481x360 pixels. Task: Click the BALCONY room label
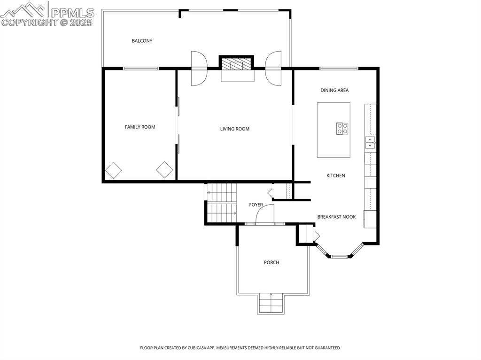(x=142, y=41)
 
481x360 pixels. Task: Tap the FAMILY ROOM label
(x=140, y=127)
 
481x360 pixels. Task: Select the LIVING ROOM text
(x=235, y=129)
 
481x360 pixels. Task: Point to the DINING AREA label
(x=334, y=90)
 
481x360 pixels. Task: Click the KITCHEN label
(x=336, y=176)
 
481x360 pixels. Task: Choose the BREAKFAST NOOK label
(x=336, y=217)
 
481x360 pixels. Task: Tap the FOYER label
(x=256, y=205)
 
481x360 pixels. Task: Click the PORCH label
(x=272, y=262)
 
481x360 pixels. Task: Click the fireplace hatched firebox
(x=237, y=64)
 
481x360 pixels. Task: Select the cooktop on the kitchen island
(x=342, y=128)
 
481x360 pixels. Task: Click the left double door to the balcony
(x=199, y=69)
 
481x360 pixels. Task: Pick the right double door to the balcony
(x=273, y=69)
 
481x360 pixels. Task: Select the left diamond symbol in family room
(x=113, y=170)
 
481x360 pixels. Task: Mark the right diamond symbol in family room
(x=164, y=170)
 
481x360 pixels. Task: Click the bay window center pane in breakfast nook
(x=342, y=256)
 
